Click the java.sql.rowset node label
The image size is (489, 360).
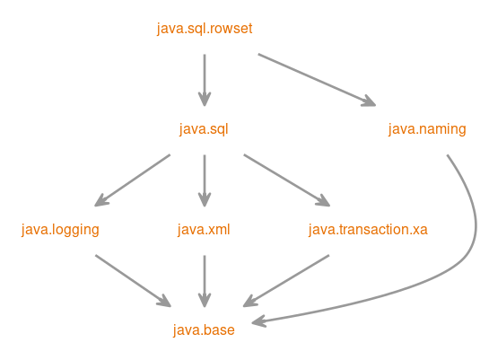[x=205, y=29]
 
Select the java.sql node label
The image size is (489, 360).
[x=205, y=129]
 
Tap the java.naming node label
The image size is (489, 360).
[x=427, y=129]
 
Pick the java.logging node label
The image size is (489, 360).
[x=60, y=230]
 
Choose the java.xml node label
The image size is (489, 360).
[x=205, y=230]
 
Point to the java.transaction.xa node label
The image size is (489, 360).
[x=368, y=230]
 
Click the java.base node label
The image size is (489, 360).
[x=205, y=330]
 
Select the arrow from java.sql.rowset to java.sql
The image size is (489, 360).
[x=205, y=79]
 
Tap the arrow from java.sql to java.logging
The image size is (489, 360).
[x=133, y=180]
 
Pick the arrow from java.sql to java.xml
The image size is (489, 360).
[x=205, y=180]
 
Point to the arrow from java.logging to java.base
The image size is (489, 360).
[x=132, y=280]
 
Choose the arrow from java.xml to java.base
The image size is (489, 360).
[x=205, y=280]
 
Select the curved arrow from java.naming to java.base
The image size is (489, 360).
[x=472, y=242]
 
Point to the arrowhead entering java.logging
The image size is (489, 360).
[x=101, y=202]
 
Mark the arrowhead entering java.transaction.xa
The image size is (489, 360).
[x=323, y=202]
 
